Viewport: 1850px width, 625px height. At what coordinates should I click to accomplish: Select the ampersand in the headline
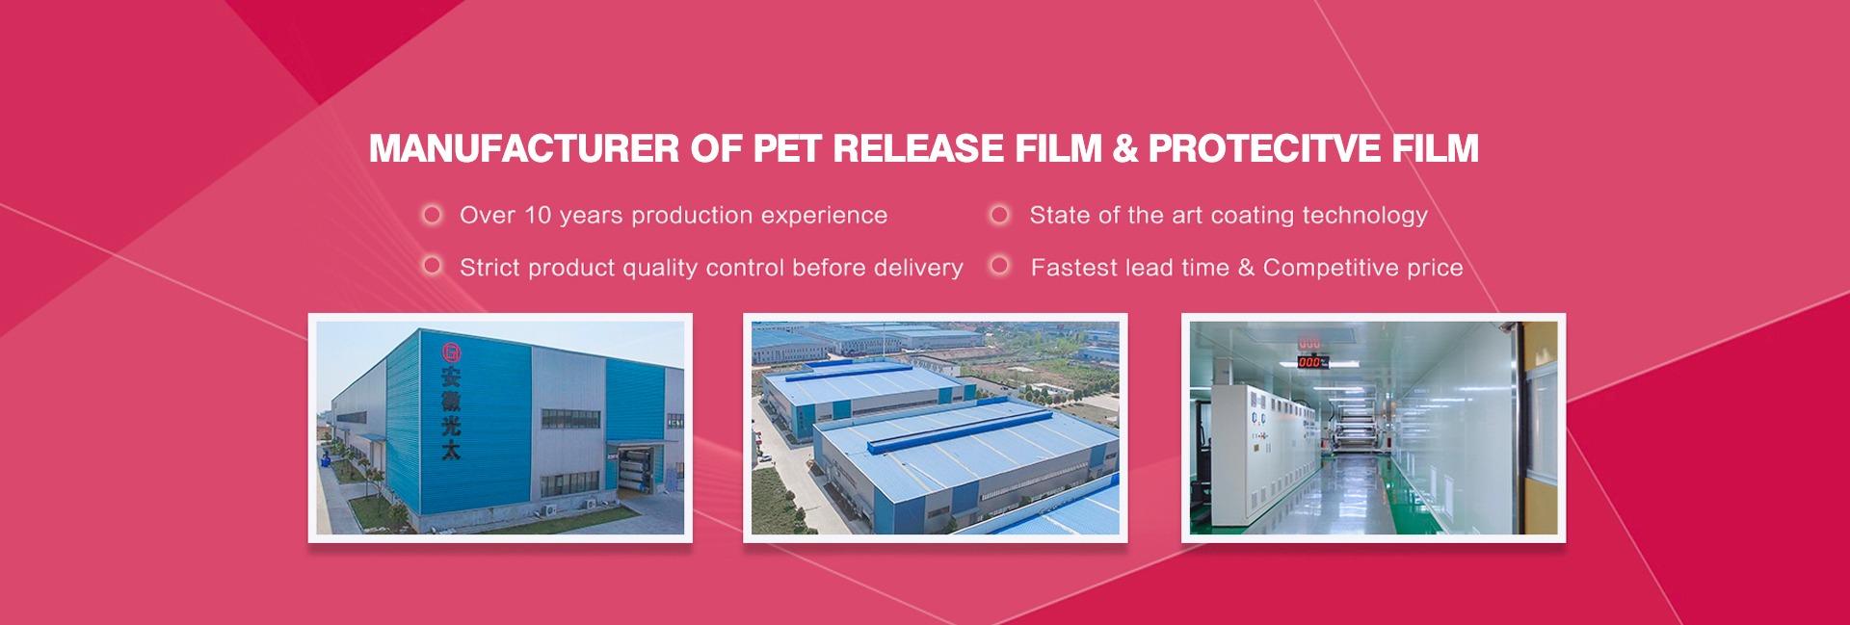pyautogui.click(x=1124, y=148)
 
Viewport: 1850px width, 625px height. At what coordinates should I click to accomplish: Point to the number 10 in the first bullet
pyautogui.click(x=538, y=215)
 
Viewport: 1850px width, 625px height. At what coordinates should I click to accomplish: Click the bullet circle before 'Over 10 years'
pyautogui.click(x=433, y=214)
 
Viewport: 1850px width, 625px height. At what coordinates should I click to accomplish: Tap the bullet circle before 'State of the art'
pyautogui.click(x=1000, y=214)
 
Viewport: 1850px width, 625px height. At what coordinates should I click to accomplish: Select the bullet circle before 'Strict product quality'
pyautogui.click(x=433, y=265)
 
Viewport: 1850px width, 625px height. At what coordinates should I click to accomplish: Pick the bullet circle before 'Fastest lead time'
pyautogui.click(x=1000, y=265)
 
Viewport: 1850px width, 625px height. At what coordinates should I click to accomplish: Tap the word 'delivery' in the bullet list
pyautogui.click(x=918, y=268)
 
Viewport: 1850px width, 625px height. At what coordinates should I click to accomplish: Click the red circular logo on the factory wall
pyautogui.click(x=451, y=352)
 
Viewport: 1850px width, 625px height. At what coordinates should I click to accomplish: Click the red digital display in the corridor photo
pyautogui.click(x=1310, y=362)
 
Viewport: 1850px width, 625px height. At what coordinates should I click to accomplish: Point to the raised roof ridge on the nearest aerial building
pyautogui.click(x=960, y=429)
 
